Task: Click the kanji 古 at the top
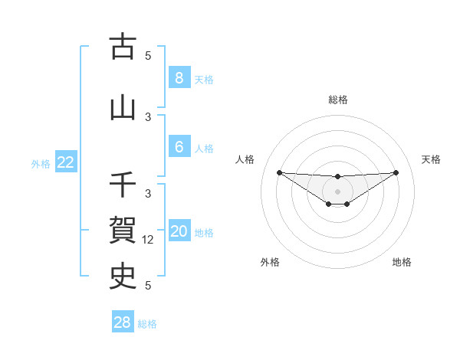point(123,47)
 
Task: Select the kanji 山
point(123,108)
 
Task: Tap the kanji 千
point(123,185)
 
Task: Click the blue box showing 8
point(179,77)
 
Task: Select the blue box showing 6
point(179,146)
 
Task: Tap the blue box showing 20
point(179,231)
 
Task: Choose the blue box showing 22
point(66,162)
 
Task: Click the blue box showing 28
point(122,322)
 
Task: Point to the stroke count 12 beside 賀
point(149,239)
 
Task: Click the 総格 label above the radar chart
point(338,100)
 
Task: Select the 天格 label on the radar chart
point(432,159)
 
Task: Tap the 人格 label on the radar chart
point(245,159)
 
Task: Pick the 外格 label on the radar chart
point(269,262)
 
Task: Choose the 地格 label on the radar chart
point(402,262)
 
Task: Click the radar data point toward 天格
point(396,172)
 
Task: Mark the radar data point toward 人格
point(279,172)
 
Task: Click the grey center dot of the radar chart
point(338,191)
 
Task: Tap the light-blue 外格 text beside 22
point(41,163)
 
